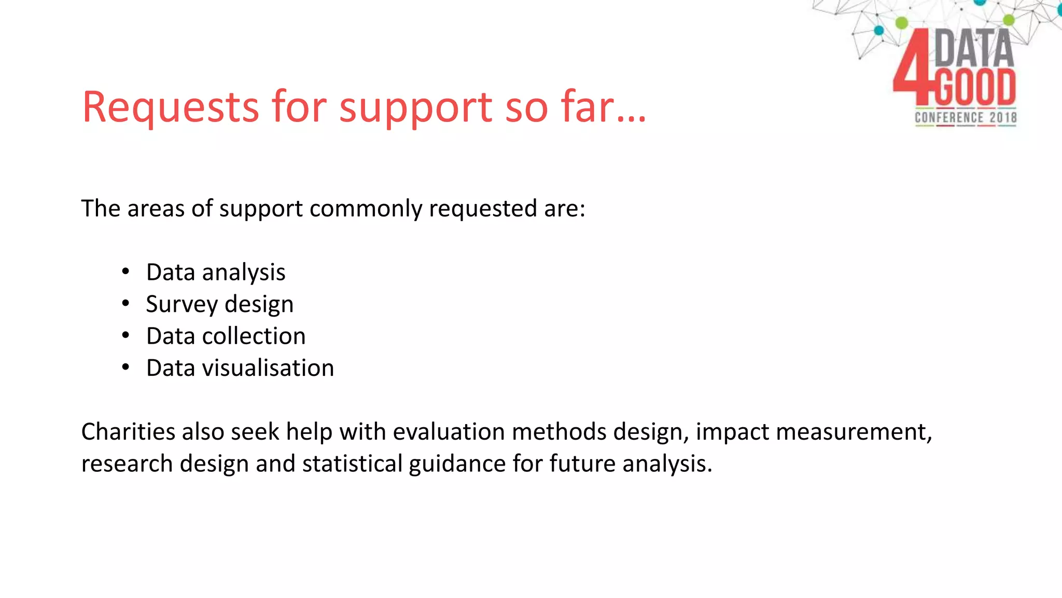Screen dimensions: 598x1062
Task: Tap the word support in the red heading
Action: (x=415, y=109)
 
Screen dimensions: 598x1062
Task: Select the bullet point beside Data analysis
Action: (x=125, y=272)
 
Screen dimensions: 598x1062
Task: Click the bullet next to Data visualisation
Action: (x=125, y=368)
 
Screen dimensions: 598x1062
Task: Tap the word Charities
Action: (x=128, y=432)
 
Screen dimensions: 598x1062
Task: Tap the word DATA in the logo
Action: (x=973, y=48)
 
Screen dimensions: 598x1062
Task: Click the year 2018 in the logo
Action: (x=1003, y=117)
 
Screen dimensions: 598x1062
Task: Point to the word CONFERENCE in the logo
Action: (x=948, y=117)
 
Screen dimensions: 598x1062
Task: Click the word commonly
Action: (x=366, y=209)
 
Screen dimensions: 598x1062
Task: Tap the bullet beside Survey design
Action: (x=125, y=304)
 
